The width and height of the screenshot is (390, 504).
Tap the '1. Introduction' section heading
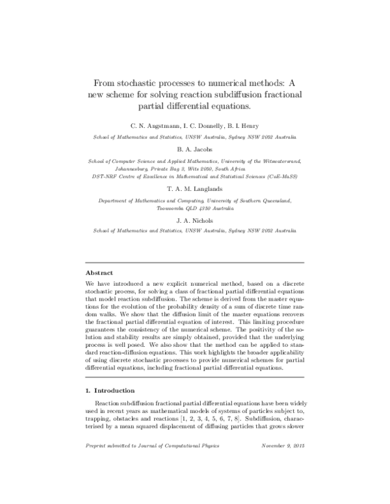coord(110,390)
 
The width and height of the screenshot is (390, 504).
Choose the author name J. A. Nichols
coord(195,220)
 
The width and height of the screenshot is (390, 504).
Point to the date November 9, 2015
coord(284,446)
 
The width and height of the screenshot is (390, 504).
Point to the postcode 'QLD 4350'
coord(203,208)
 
